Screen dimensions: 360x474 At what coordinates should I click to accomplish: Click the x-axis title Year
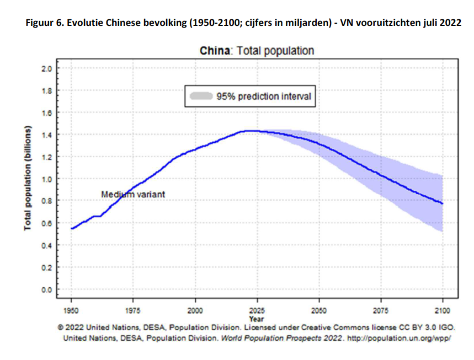coord(256,319)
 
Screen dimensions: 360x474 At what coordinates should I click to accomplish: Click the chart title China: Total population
coord(257,51)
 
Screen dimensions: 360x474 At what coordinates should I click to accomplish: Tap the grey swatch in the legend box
coord(201,96)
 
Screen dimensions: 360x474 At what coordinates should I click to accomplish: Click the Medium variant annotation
coord(133,195)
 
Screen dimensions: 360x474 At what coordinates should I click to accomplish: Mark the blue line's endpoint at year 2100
coord(443,204)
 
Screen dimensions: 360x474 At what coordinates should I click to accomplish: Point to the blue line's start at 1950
coord(72,228)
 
